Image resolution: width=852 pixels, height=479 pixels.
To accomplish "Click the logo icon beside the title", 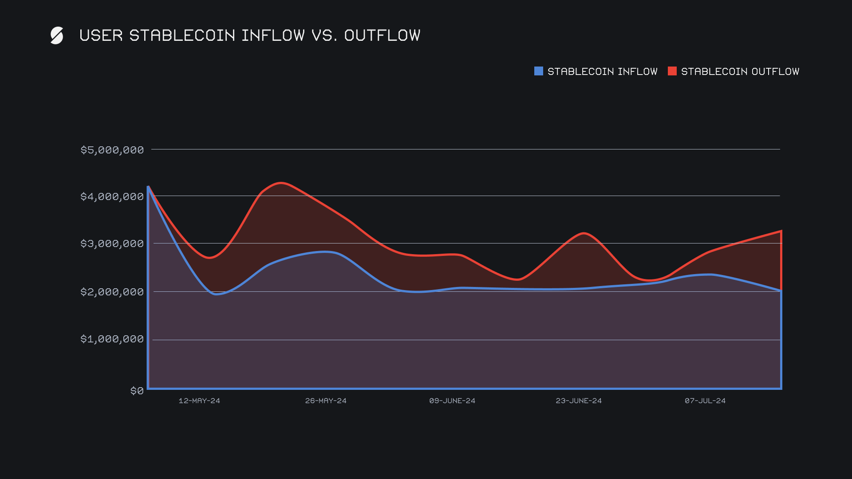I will point(57,35).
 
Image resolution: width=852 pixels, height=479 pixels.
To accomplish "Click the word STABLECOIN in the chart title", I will point(182,35).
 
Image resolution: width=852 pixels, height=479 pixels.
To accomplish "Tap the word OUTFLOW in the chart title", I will point(382,35).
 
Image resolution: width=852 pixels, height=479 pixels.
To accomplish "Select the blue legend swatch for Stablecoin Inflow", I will point(538,71).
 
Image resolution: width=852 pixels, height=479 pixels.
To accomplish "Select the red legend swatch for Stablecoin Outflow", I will point(672,71).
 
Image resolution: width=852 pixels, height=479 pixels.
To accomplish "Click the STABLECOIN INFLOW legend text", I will point(602,71).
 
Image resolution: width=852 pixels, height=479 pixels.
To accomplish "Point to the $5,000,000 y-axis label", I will point(112,150).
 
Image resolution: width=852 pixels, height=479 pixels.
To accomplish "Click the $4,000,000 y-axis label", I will point(112,196).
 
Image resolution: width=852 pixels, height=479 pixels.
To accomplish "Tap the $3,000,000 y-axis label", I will point(112,243).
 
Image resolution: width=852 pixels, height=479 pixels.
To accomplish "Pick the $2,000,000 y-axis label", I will point(112,292).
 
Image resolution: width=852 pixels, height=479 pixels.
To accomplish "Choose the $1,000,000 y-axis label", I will point(112,339).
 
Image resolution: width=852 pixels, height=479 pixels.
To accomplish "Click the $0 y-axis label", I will point(137,391).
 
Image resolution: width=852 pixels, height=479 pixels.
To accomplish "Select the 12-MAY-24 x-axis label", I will point(199,400).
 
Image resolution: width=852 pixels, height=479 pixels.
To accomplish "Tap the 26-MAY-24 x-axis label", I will point(326,400).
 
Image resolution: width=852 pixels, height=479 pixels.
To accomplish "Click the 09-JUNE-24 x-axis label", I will point(452,400).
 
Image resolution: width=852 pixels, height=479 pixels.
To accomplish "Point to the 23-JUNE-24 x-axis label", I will point(579,400).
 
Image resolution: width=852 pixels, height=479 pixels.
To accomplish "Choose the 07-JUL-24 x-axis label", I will point(705,400).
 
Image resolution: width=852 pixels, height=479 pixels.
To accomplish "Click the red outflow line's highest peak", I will point(281,183).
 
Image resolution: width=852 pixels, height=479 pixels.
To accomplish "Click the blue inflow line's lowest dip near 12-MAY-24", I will point(216,294).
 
